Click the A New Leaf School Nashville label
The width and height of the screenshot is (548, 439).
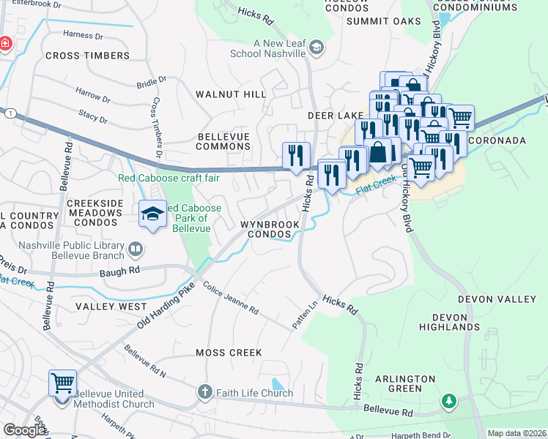(x=278, y=48)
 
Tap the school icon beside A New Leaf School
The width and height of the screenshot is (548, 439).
(x=316, y=48)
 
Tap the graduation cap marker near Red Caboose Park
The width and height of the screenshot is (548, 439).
(x=152, y=214)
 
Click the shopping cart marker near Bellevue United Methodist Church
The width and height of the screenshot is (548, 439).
(x=62, y=383)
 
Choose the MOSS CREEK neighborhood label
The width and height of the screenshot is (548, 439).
(x=229, y=353)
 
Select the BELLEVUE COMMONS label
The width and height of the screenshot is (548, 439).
(x=223, y=141)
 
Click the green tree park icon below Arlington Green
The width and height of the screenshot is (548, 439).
(x=448, y=401)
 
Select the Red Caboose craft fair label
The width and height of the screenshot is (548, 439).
(x=169, y=178)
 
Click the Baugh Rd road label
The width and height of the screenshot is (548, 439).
(x=119, y=270)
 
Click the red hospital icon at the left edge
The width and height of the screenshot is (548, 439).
(x=5, y=43)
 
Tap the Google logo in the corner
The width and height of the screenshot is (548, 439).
(x=25, y=430)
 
